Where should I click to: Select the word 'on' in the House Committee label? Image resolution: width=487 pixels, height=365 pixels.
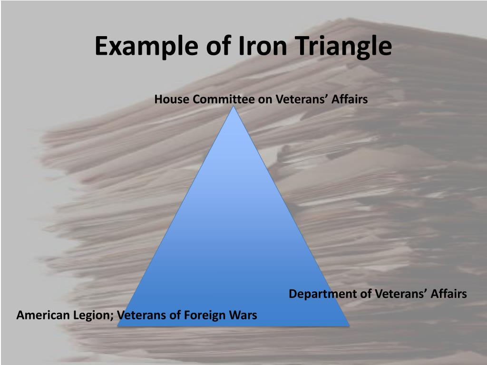click(264, 99)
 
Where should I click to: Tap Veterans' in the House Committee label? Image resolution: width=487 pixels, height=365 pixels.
click(299, 99)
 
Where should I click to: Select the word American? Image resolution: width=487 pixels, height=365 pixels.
click(42, 315)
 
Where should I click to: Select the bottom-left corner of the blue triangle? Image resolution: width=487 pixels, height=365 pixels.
click(118, 326)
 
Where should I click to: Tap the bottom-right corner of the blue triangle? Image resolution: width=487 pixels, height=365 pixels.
click(349, 326)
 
